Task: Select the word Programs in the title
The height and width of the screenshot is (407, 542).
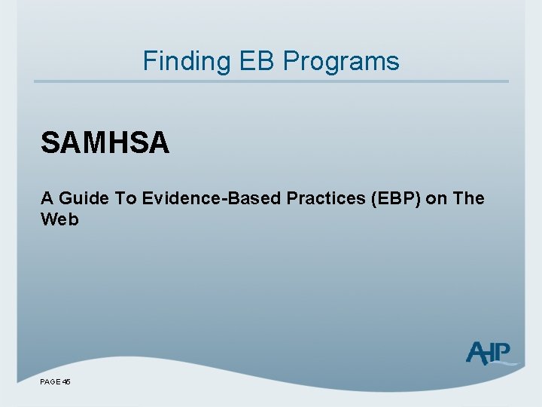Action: [x=342, y=60]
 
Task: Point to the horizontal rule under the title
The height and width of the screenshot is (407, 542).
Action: [x=271, y=81]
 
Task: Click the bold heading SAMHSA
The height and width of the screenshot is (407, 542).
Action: [x=105, y=142]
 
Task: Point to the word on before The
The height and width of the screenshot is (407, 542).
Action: [x=437, y=198]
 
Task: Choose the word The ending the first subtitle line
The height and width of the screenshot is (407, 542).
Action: [x=469, y=198]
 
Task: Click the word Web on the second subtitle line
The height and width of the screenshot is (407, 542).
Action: [x=59, y=219]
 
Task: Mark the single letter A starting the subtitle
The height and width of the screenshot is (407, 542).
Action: [x=47, y=198]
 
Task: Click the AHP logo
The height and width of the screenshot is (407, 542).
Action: [x=490, y=353]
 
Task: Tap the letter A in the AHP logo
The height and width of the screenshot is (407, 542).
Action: [x=476, y=353]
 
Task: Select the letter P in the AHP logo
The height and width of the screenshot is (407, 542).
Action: [x=503, y=351]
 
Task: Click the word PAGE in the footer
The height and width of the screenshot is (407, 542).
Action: [x=50, y=382]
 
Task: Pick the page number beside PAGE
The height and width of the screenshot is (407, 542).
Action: [x=66, y=382]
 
